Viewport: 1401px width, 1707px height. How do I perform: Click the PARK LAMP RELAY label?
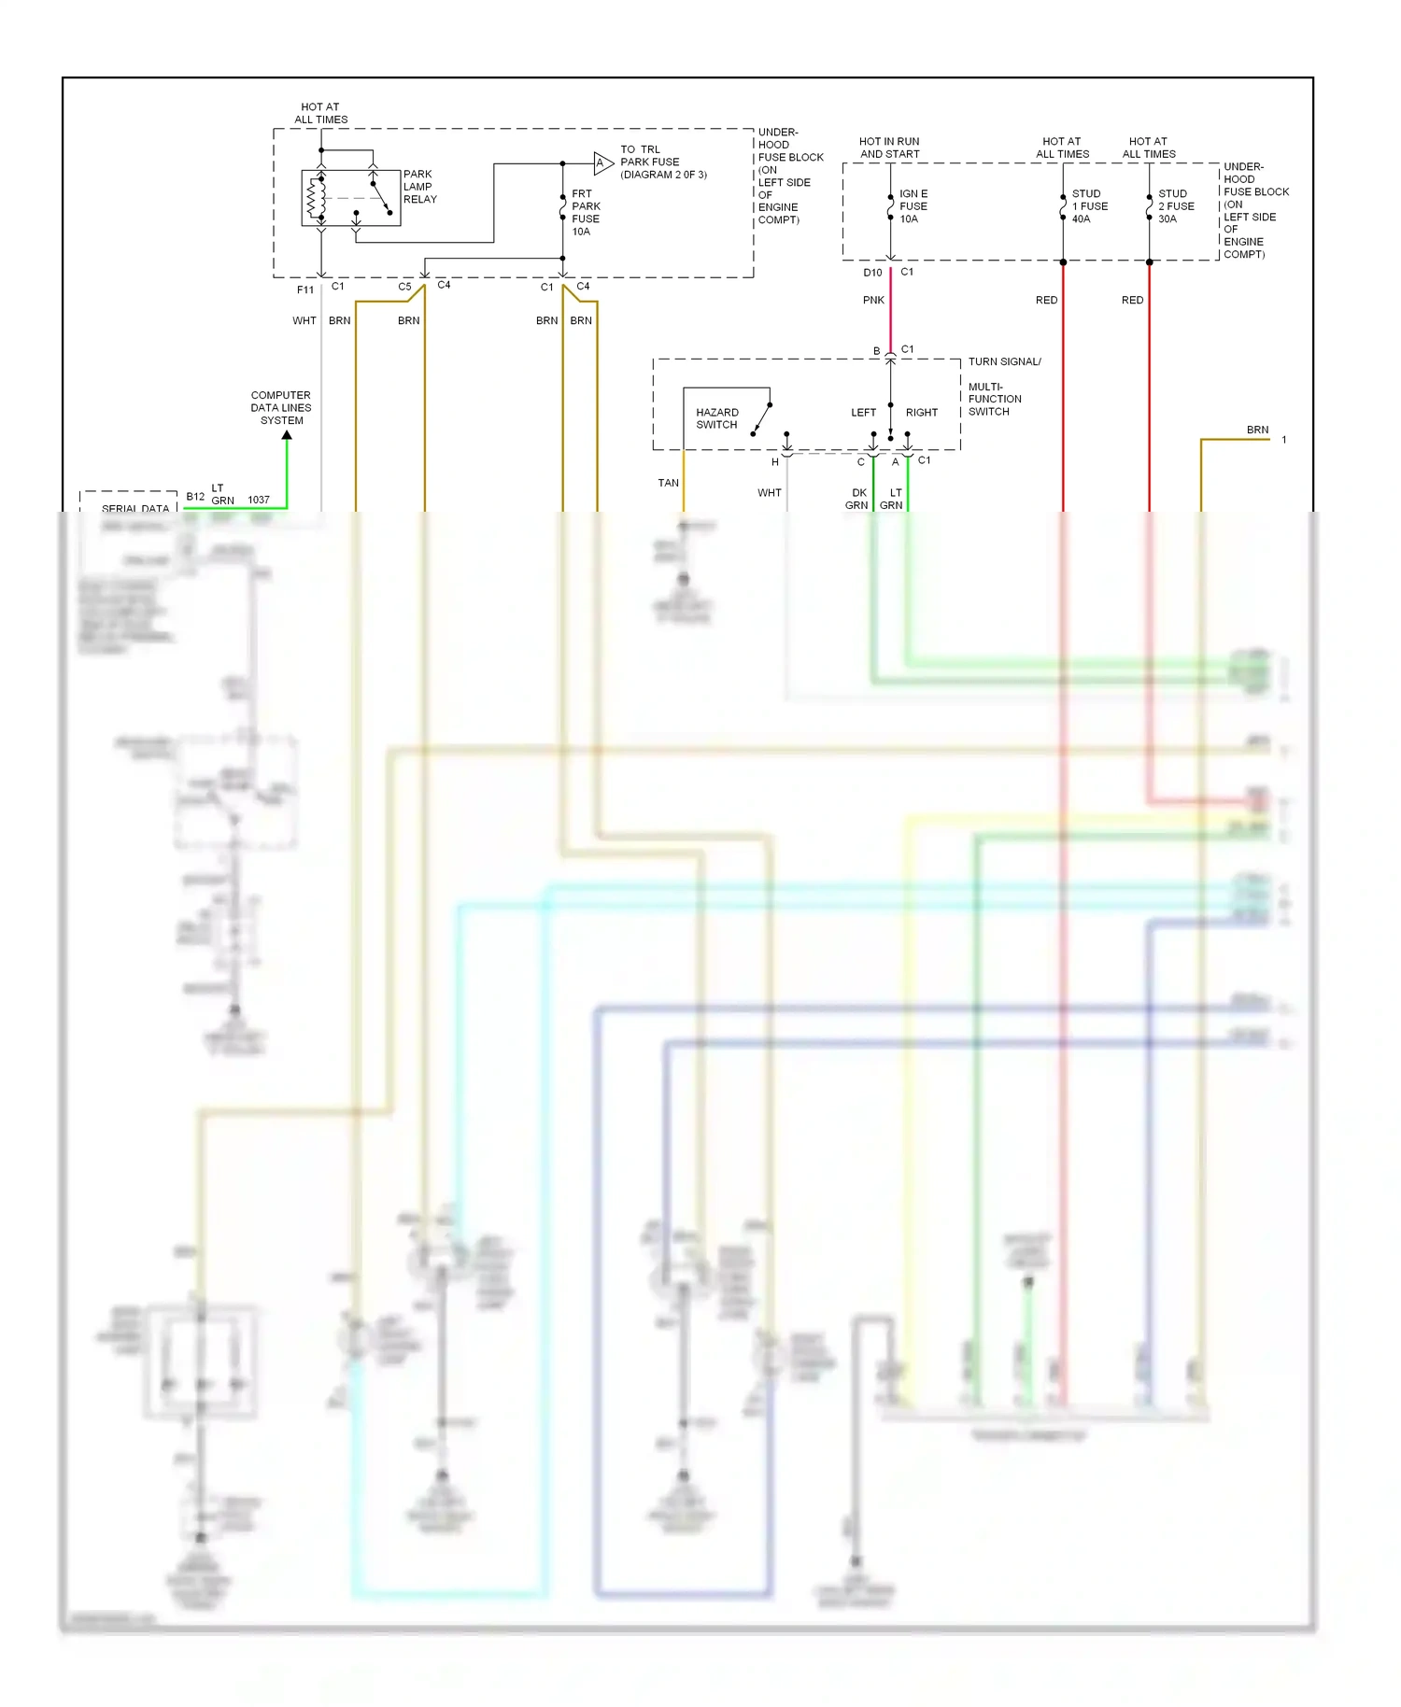click(x=419, y=187)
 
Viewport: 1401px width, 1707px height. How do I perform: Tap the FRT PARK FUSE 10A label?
click(x=586, y=213)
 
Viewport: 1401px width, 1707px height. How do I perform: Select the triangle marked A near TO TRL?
click(x=602, y=163)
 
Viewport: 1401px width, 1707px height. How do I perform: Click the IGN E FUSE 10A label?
click(x=913, y=206)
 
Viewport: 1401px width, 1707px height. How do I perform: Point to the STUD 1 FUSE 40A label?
click(x=1089, y=206)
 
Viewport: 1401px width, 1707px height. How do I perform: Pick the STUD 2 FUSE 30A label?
click(x=1175, y=206)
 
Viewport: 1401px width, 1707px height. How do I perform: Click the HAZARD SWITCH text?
click(x=716, y=418)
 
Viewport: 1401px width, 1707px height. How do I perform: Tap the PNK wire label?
click(x=873, y=301)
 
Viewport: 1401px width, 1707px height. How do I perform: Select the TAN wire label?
click(x=668, y=483)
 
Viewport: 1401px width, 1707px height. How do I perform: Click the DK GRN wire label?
click(x=857, y=499)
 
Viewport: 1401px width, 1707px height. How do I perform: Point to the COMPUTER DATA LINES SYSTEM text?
click(x=281, y=408)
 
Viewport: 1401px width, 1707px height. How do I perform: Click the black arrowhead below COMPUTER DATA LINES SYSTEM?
click(x=287, y=435)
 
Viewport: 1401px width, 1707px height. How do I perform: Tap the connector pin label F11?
click(x=305, y=290)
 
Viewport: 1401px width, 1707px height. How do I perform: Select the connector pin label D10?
click(x=872, y=273)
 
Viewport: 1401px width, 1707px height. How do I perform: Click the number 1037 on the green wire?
click(x=259, y=501)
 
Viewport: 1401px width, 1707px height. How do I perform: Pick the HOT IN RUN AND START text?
click(x=889, y=148)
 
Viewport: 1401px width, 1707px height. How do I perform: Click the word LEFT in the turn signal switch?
click(x=863, y=413)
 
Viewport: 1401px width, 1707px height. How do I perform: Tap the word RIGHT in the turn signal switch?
click(x=921, y=413)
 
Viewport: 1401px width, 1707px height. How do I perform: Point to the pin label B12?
click(x=195, y=497)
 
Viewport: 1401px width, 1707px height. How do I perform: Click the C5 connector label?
click(x=404, y=288)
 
